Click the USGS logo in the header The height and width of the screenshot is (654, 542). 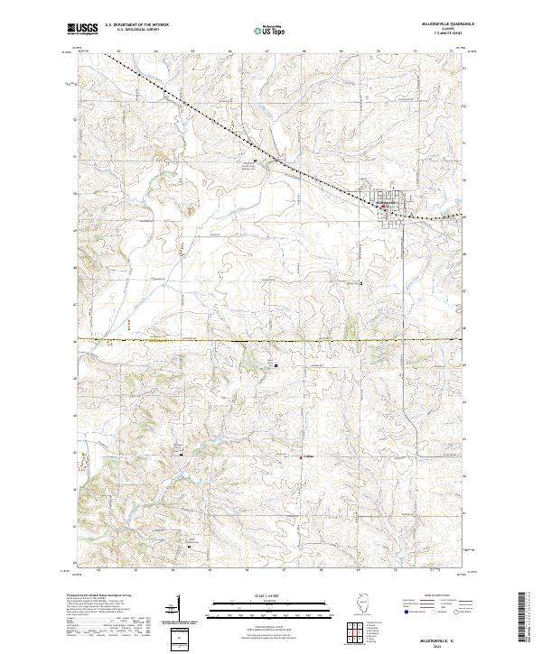click(84, 30)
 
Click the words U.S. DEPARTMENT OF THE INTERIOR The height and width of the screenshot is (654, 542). click(136, 25)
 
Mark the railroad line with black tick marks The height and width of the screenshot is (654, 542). click(271, 158)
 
